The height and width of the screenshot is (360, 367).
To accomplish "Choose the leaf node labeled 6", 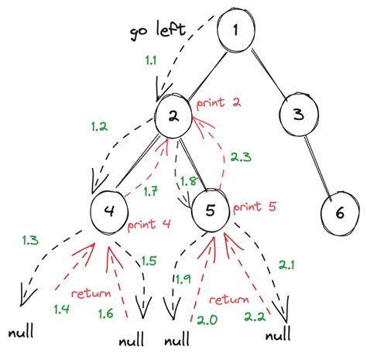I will point(340,211).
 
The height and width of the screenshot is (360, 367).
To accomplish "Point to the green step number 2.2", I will point(255,317).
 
